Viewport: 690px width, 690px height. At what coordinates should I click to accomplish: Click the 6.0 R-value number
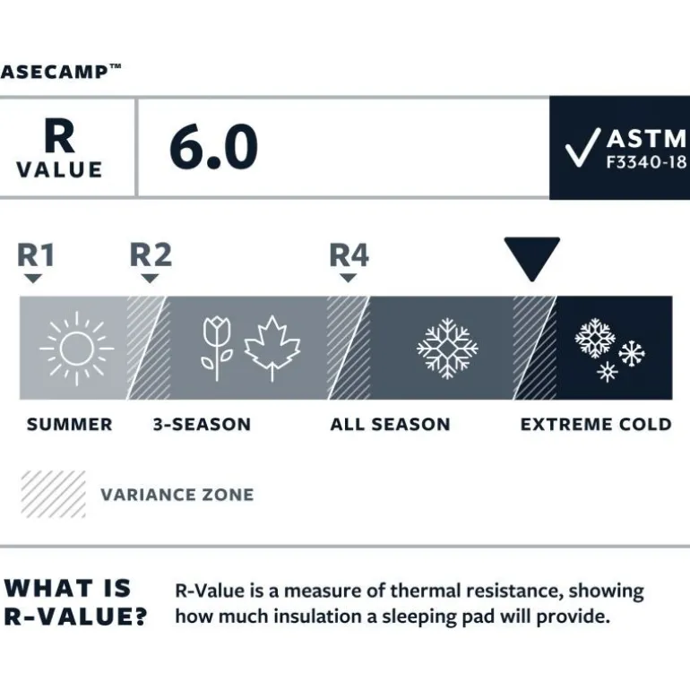point(213,147)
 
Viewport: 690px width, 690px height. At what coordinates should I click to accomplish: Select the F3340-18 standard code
point(646,162)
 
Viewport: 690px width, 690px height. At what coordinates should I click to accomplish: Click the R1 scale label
point(36,255)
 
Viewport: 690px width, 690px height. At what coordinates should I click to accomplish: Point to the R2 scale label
point(151,255)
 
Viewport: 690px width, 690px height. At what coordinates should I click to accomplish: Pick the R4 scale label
point(349,255)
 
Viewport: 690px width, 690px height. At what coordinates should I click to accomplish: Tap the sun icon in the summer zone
point(76,349)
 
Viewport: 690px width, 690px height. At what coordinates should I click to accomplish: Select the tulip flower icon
point(217,349)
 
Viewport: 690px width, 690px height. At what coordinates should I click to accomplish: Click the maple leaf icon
point(272,348)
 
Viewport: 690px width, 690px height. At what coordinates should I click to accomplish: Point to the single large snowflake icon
point(447,349)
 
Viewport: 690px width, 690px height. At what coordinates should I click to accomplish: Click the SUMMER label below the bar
point(70,425)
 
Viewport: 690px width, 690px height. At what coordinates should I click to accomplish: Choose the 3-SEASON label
point(202,425)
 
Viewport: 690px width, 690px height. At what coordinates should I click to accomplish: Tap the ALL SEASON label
point(391,425)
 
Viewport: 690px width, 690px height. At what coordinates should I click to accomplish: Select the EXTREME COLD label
point(596,425)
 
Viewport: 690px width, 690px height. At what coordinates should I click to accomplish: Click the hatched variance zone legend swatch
point(53,494)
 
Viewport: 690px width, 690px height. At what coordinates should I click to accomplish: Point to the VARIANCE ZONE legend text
point(177,495)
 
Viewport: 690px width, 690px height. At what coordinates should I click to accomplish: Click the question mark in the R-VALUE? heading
point(140,617)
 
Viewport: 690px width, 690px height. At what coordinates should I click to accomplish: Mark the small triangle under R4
point(349,278)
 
